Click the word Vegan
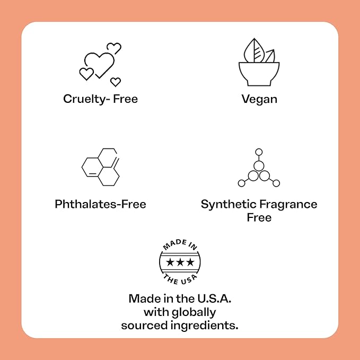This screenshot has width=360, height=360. [x=259, y=100]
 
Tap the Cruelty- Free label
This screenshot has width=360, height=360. [x=101, y=99]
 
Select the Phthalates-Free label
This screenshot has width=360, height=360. [x=100, y=204]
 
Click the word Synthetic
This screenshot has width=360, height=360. [x=229, y=204]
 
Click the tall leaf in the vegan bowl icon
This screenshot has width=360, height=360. [x=254, y=50]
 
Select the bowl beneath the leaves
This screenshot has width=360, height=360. [x=259, y=74]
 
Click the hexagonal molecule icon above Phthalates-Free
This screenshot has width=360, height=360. [x=101, y=167]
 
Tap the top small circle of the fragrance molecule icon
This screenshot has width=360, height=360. [x=259, y=152]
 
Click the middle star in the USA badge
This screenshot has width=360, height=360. [x=180, y=262]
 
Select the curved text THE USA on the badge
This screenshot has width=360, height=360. [x=180, y=279]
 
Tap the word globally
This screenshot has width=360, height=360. [x=194, y=312]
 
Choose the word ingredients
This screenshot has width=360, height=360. [x=204, y=326]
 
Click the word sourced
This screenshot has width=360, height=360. [x=144, y=326]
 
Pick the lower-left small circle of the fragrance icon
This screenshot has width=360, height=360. [x=242, y=183]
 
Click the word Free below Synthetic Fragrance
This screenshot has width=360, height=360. [x=259, y=217]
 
